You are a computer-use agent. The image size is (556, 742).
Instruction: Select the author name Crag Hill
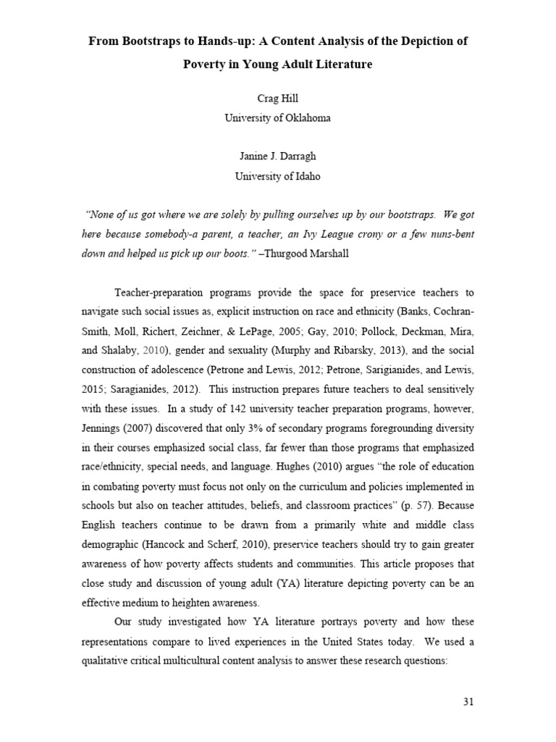click(x=277, y=99)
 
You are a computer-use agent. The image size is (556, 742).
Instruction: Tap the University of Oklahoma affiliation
click(x=277, y=118)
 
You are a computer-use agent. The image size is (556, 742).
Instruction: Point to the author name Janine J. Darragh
click(x=277, y=156)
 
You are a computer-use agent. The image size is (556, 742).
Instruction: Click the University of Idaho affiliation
click(x=277, y=175)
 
